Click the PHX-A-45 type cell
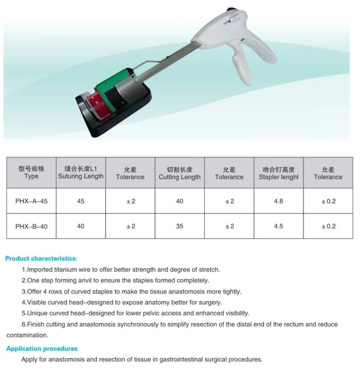click(31, 201)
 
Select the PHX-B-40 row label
click(31, 226)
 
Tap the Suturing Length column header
click(81, 173)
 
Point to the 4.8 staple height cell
click(279, 201)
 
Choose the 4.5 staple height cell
click(279, 226)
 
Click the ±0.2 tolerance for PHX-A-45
click(328, 201)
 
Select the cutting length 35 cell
click(180, 226)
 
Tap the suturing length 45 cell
click(81, 201)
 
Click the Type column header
click(31, 173)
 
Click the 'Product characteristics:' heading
click(41, 258)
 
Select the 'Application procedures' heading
click(42, 349)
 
